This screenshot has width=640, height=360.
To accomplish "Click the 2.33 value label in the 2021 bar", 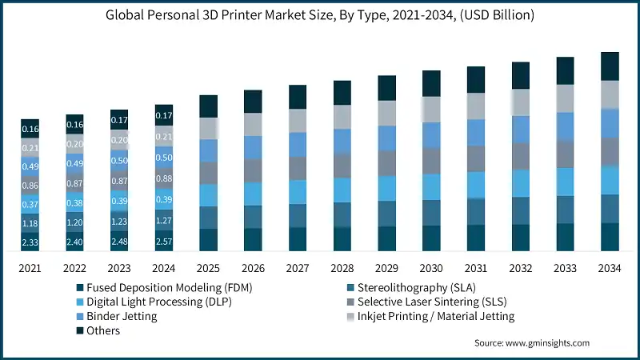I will point(30,242).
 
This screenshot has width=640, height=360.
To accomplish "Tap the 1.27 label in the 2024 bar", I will point(164,221).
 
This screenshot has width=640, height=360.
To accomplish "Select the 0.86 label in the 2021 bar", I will point(30,186).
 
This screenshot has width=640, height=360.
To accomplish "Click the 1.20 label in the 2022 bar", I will point(74,222).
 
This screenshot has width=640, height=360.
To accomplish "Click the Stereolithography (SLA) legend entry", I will point(425,287).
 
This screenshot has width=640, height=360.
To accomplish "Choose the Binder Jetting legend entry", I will point(122,316).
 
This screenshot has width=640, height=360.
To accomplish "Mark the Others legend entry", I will point(103,330).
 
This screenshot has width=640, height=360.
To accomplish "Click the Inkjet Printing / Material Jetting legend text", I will point(436,316).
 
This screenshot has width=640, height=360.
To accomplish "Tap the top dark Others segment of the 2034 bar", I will point(610,66).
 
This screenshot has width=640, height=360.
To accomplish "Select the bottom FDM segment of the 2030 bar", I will point(432,238).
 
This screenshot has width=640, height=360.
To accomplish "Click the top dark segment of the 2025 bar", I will point(209,106).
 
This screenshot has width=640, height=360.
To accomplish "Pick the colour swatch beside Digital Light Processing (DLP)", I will point(80,302).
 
